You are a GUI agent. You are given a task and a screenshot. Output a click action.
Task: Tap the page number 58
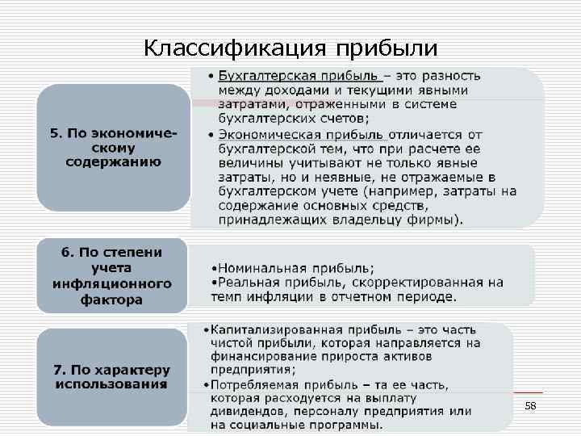(530, 406)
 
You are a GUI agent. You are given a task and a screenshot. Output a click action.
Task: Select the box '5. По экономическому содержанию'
(113, 148)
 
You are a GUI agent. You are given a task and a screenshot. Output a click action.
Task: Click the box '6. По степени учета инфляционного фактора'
(112, 276)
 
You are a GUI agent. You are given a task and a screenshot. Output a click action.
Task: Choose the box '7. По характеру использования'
(112, 376)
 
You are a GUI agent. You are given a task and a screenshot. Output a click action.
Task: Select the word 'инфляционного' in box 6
(112, 283)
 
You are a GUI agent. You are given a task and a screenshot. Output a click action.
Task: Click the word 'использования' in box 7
(112, 384)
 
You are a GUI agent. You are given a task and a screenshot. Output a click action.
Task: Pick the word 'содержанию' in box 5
(113, 161)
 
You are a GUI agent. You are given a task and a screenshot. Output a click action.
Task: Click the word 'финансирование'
(261, 356)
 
